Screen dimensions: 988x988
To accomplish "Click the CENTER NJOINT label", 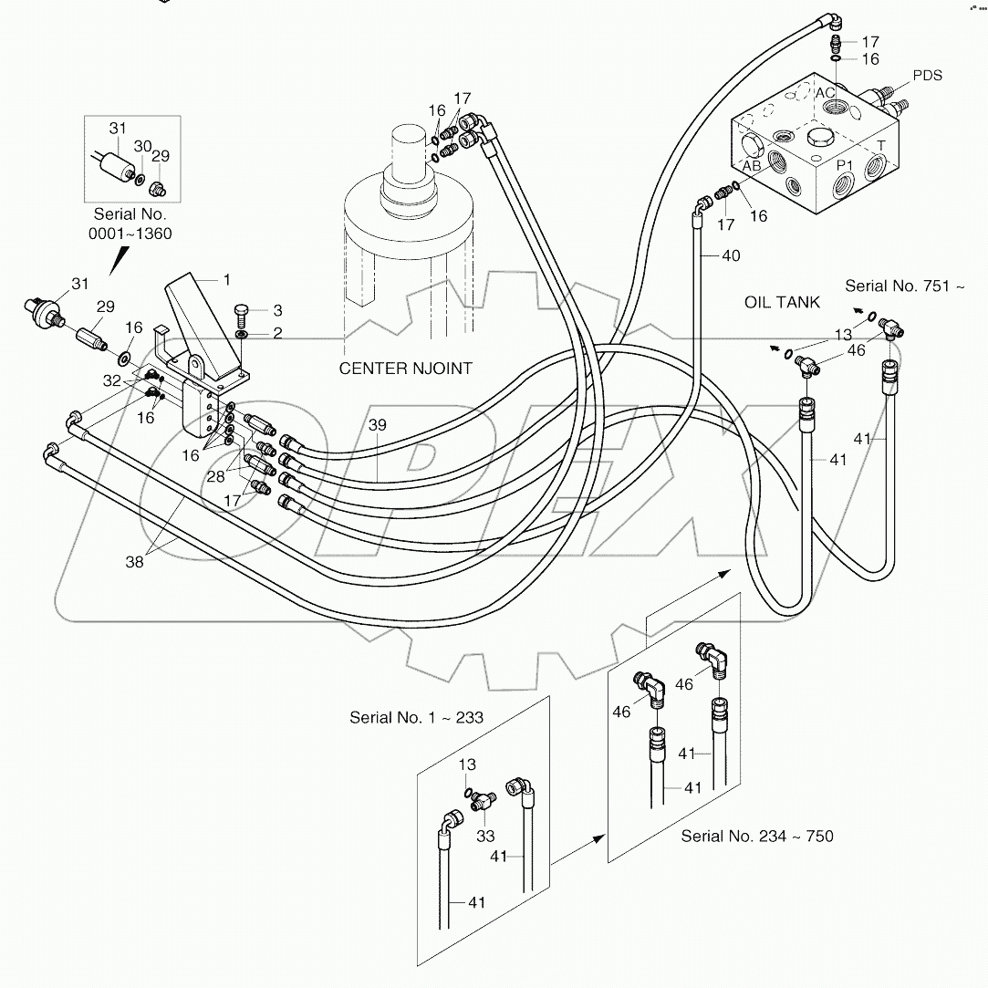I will click(406, 369).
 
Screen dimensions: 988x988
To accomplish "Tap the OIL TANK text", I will click(783, 303).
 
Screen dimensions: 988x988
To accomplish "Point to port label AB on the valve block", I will click(752, 166).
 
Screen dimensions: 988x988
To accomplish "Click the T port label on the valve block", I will click(880, 145).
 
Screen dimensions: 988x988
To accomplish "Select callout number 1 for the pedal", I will click(227, 278).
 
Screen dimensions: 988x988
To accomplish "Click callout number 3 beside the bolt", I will click(252, 311).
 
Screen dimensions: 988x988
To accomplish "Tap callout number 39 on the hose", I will click(378, 426).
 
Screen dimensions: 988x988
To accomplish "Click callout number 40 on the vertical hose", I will click(730, 256).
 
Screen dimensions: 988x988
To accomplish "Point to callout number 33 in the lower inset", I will click(486, 835).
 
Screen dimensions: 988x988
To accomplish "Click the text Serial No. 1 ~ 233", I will click(416, 717).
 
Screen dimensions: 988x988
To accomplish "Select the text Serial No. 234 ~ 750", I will click(757, 836).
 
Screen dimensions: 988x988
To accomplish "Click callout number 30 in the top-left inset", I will click(142, 146).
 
